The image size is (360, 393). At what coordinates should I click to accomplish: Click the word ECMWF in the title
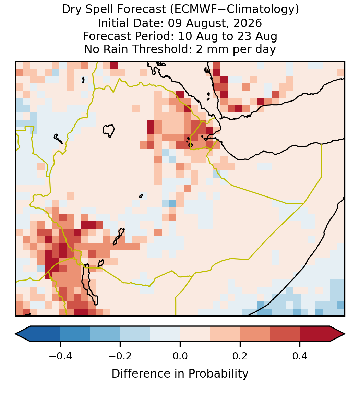192,10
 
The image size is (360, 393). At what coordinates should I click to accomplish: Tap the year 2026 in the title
248,23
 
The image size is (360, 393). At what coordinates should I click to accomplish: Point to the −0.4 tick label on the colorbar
60,356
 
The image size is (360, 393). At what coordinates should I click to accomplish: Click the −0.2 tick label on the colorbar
120,356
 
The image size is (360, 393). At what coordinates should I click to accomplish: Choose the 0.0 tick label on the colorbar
180,356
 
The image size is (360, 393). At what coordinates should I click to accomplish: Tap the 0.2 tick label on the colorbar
240,356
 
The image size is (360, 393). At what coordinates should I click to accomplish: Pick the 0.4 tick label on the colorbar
300,356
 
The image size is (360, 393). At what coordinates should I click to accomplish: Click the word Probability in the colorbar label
218,374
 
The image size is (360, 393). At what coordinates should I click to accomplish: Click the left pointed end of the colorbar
15,334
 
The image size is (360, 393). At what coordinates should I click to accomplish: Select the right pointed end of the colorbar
345,334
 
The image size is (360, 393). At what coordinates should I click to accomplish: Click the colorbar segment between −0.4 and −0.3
75,334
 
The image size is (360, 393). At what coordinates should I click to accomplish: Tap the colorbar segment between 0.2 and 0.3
255,334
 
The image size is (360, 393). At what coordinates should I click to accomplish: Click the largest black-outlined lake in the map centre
109,130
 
